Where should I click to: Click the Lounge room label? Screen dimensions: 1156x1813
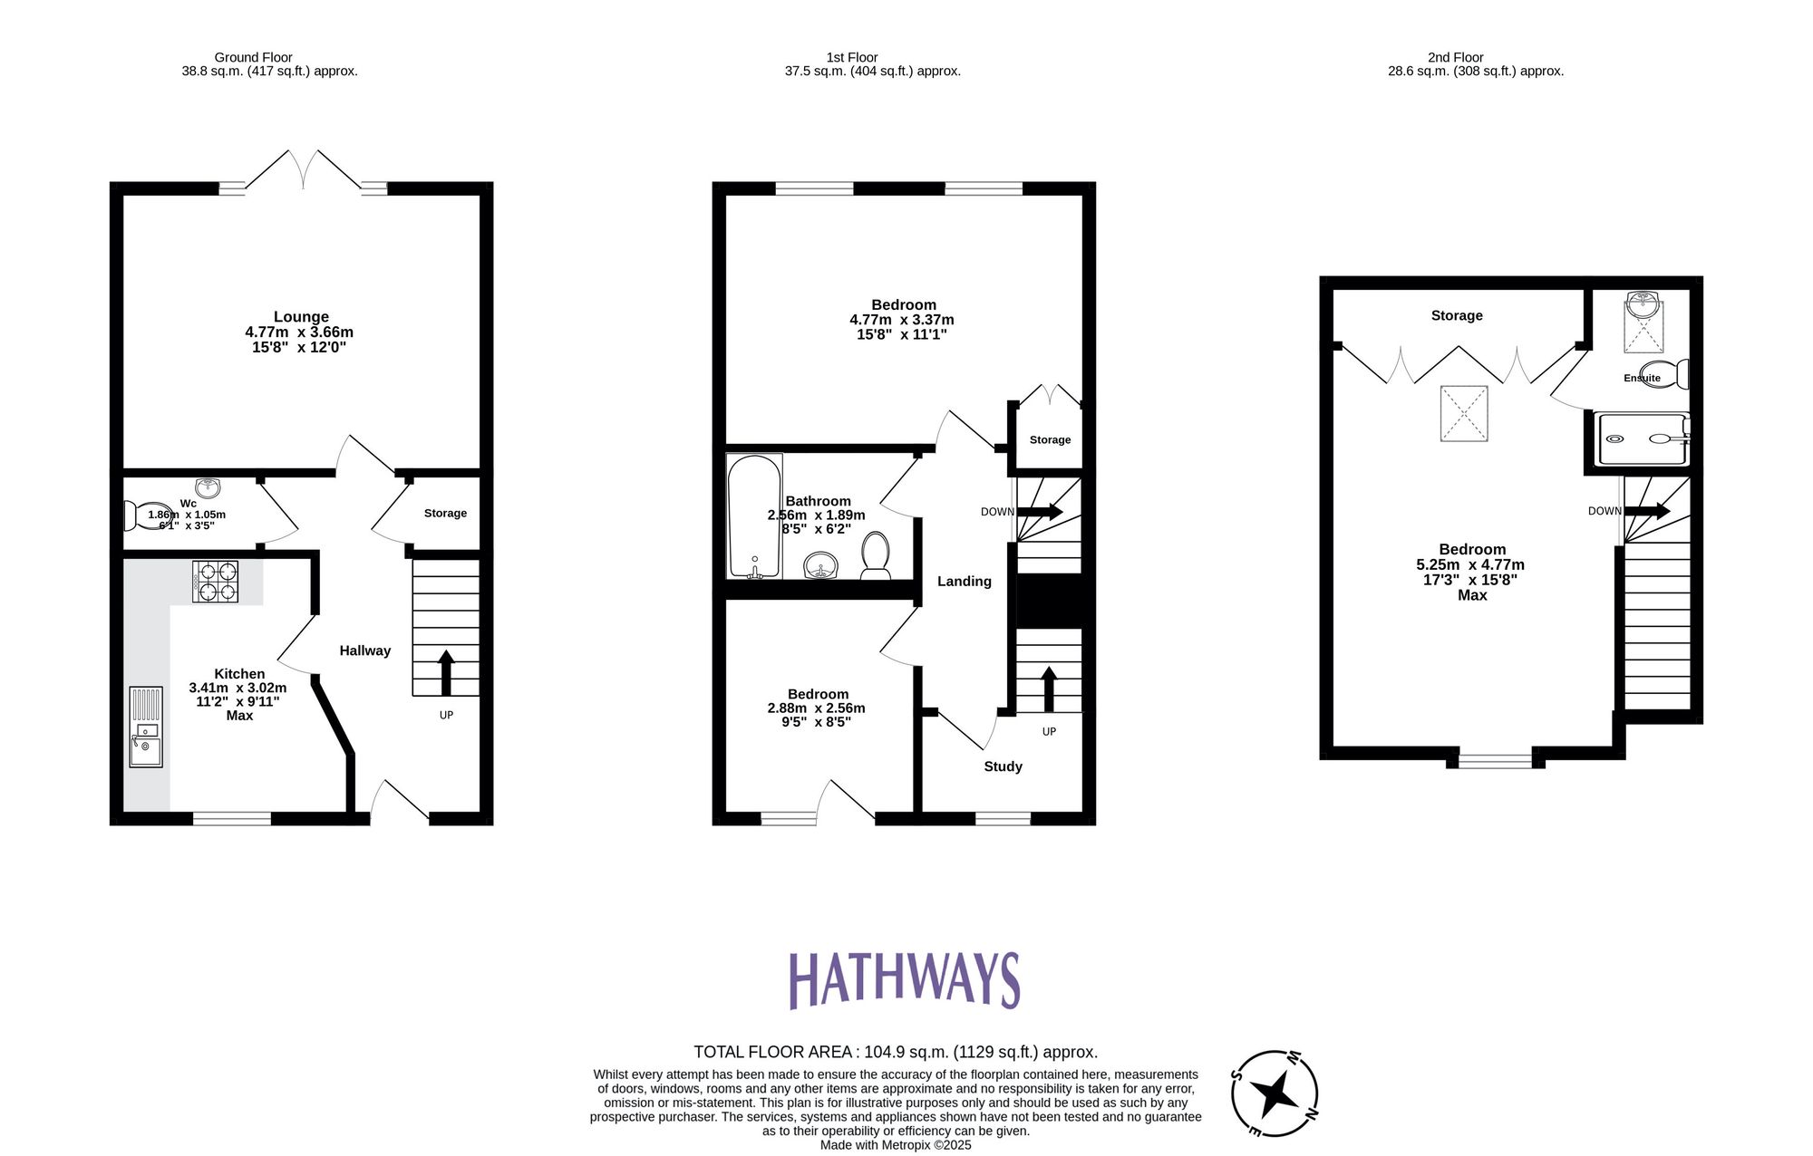(x=301, y=317)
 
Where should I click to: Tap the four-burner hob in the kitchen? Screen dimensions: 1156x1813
(x=215, y=583)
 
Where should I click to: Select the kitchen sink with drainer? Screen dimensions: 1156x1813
(x=146, y=727)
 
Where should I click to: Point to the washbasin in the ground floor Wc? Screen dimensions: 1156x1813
(x=208, y=488)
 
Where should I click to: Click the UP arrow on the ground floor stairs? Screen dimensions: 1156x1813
(x=445, y=671)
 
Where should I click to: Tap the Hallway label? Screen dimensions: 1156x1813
(x=364, y=650)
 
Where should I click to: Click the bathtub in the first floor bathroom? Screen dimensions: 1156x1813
(x=754, y=516)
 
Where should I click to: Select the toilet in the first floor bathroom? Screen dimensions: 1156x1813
(x=876, y=555)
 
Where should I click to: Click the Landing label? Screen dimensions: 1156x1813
(x=964, y=582)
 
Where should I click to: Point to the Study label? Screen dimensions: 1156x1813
(x=1003, y=766)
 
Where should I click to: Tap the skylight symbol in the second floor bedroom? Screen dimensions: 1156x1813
(x=1464, y=414)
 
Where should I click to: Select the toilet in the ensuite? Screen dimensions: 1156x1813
(x=1665, y=373)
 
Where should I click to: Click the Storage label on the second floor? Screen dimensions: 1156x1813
(x=1457, y=315)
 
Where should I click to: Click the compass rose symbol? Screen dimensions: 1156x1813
(x=1275, y=1093)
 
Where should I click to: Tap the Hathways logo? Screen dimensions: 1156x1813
(x=904, y=980)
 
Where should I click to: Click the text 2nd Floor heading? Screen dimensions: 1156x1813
(x=1455, y=57)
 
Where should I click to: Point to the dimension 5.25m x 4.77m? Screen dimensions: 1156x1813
(x=1470, y=564)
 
